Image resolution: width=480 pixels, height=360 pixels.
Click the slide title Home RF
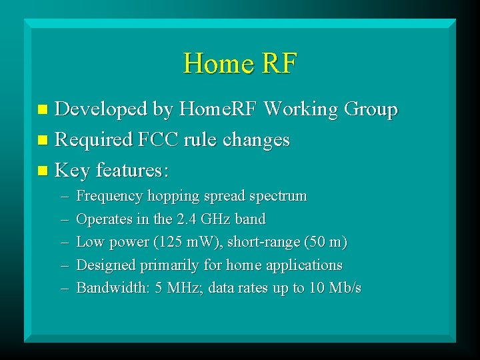[x=239, y=63]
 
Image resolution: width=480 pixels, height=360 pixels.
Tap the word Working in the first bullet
[x=303, y=109]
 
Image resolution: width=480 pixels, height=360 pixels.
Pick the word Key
[x=72, y=171]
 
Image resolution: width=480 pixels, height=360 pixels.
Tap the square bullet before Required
[x=43, y=141]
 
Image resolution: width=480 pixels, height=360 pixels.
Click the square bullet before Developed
[x=43, y=109]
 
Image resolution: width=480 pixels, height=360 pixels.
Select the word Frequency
[x=109, y=197]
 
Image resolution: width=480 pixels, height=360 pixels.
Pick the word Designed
[x=106, y=265]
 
